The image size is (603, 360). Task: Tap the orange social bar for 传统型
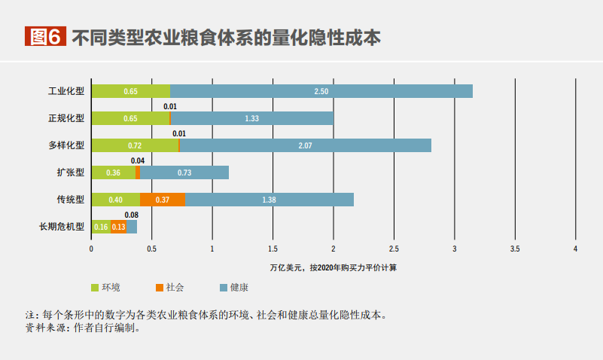[162, 200]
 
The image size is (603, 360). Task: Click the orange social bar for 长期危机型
[118, 227]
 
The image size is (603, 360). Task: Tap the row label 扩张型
[70, 172]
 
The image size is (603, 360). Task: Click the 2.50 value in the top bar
[321, 91]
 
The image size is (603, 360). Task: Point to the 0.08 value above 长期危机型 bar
[131, 215]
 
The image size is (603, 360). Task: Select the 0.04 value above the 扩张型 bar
[137, 161]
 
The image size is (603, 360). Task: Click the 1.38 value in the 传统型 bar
[269, 200]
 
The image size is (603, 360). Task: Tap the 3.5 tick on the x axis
[515, 248]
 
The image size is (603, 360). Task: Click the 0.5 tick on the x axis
[151, 248]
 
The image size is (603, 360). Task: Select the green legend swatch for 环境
[95, 287]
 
